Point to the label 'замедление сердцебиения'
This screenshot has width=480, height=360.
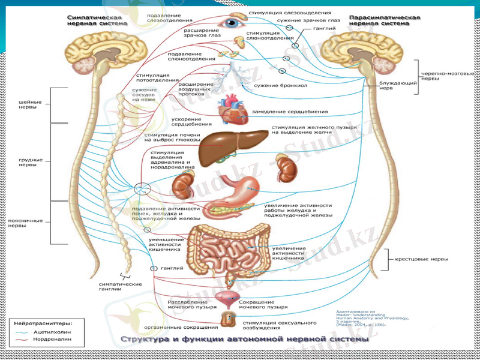(x=290, y=112)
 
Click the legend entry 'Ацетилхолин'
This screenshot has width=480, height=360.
(x=55, y=331)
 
